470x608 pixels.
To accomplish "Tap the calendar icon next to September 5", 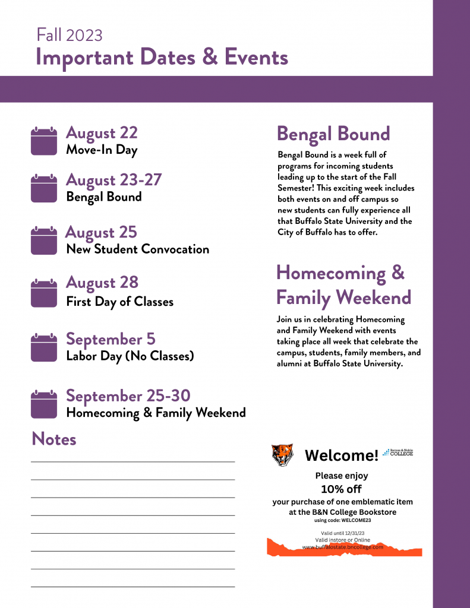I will click(x=43, y=347).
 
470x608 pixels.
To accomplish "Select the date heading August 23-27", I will click(x=113, y=179).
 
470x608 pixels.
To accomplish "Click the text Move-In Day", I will click(x=102, y=150).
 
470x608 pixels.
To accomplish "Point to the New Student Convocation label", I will click(x=137, y=249).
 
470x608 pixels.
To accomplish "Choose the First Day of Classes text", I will click(x=119, y=302).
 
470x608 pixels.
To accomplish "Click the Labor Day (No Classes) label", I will click(x=130, y=357).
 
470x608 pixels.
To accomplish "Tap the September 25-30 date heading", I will click(x=128, y=395).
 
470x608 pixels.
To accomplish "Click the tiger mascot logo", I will click(x=282, y=455).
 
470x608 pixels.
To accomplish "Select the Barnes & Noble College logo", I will click(x=398, y=452).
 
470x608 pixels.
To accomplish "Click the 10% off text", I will click(x=341, y=489).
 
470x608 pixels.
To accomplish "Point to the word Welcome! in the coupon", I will click(x=341, y=455).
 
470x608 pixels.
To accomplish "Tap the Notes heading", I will click(x=54, y=439).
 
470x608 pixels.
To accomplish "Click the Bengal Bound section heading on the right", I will click(x=333, y=134).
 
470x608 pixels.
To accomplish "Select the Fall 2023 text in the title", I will click(x=70, y=35).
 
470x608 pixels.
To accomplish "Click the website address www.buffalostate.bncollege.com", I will click(x=342, y=547).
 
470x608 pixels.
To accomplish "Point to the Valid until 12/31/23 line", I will click(x=342, y=533).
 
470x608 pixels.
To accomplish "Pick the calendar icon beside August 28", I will click(x=43, y=293).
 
